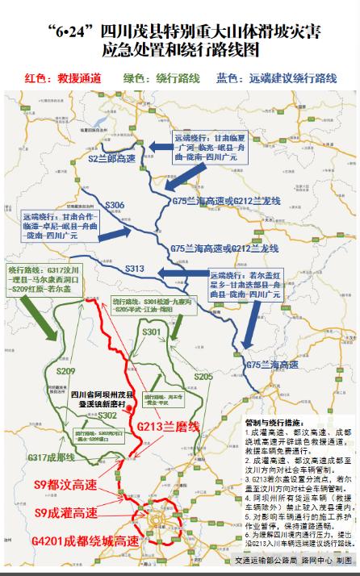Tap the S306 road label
click(x=115, y=205)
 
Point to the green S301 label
click(x=151, y=332)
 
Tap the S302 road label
click(x=107, y=415)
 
